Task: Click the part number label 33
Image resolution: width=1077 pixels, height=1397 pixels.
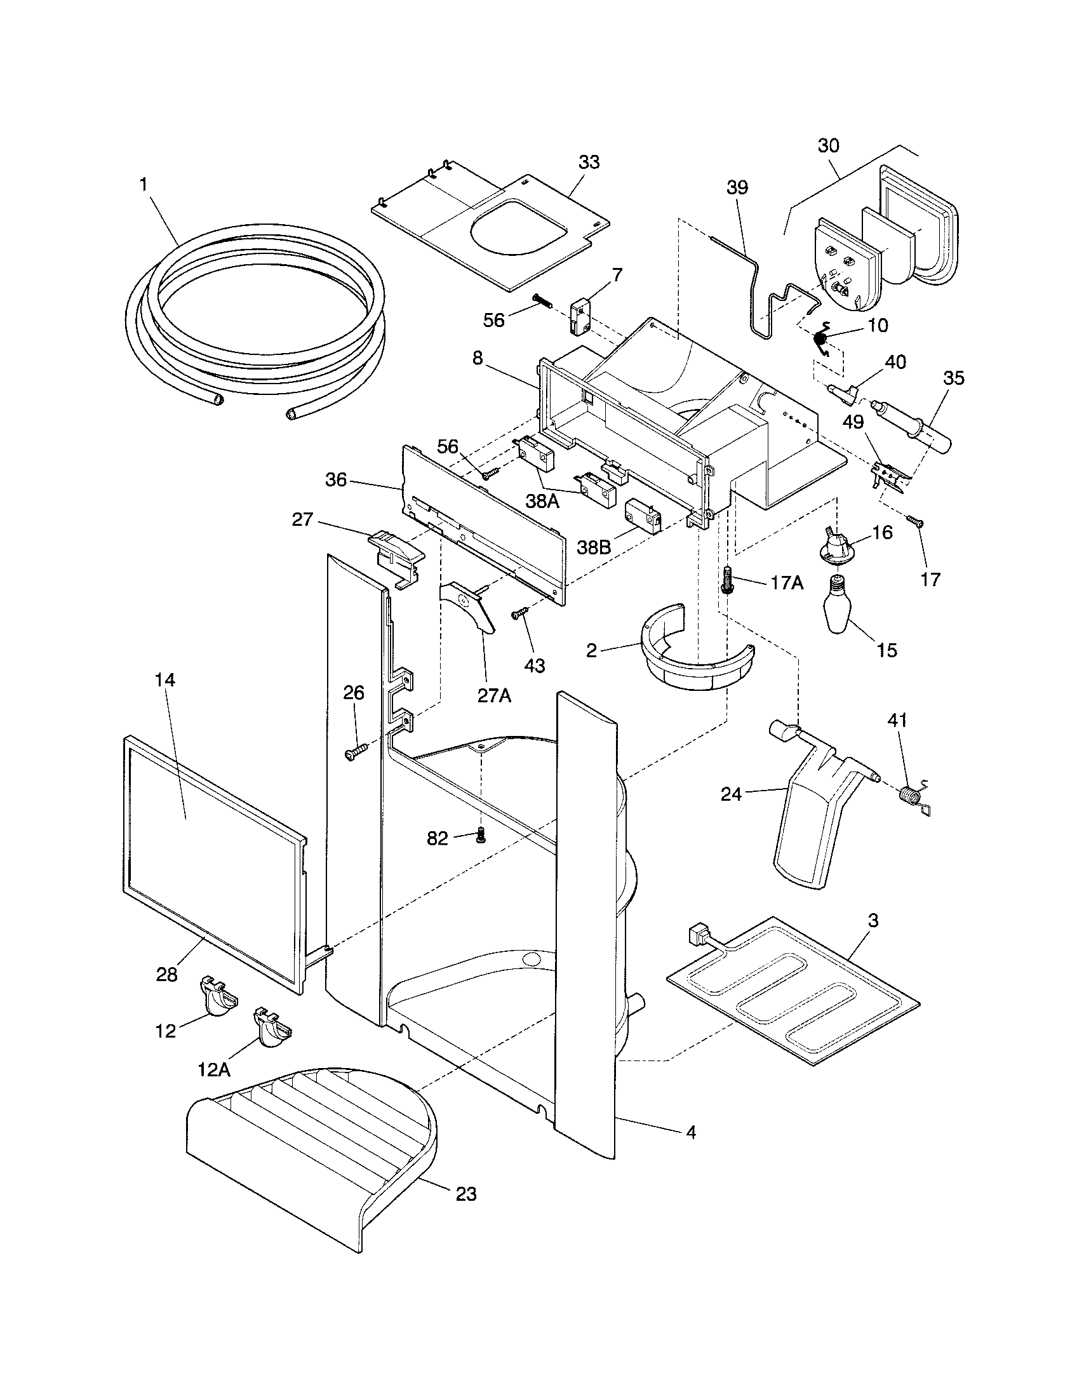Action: pos(589,163)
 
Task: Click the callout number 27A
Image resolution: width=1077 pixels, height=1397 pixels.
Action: pos(495,696)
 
